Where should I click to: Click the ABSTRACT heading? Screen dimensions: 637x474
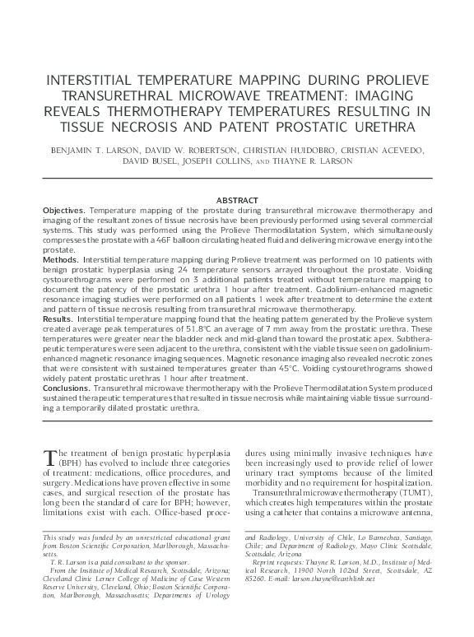coord(237,200)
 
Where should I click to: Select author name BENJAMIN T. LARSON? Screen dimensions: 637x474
coord(105,150)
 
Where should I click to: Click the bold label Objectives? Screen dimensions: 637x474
coord(63,211)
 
